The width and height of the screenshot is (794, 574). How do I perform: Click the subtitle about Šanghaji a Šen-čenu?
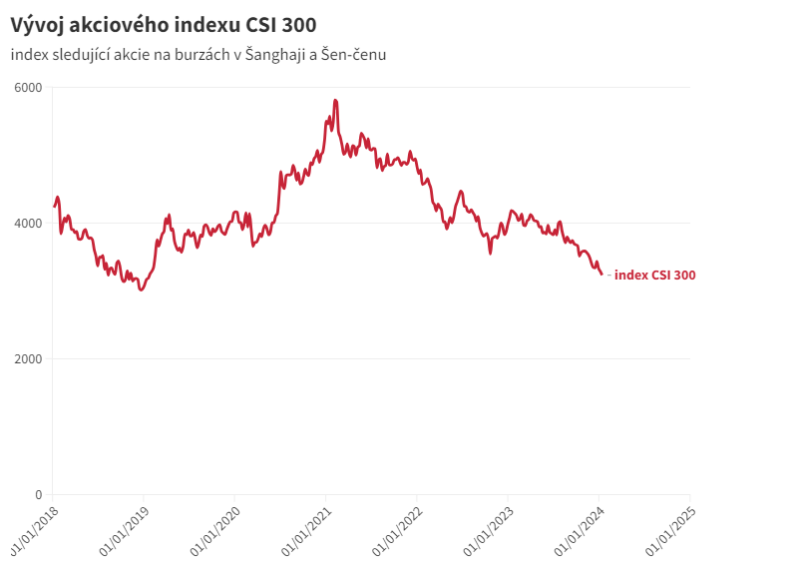click(198, 54)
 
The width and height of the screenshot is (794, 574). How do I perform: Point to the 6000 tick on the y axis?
click(28, 88)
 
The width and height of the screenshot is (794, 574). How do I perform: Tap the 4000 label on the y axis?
click(28, 224)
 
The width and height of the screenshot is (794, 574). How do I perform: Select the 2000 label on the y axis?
click(28, 359)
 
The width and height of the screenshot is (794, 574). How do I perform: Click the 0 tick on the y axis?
click(39, 495)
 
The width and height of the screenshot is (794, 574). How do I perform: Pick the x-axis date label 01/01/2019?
click(121, 530)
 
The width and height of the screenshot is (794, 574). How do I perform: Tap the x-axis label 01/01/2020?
click(211, 530)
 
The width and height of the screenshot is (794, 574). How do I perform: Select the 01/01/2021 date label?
click(302, 530)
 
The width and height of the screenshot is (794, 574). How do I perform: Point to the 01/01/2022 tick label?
click(393, 530)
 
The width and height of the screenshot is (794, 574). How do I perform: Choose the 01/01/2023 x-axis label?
click(485, 530)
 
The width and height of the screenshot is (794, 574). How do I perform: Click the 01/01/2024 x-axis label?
click(576, 530)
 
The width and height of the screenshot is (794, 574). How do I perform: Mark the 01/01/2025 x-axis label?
click(666, 530)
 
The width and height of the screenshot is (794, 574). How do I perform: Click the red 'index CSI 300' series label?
click(654, 276)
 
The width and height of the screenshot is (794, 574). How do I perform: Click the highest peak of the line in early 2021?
click(335, 100)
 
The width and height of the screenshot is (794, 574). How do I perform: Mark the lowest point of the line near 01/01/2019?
click(141, 289)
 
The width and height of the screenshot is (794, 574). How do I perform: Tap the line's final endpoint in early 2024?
click(601, 274)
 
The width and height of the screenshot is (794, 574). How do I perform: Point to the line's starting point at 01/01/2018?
click(54, 207)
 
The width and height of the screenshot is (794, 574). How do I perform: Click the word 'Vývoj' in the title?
click(35, 24)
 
